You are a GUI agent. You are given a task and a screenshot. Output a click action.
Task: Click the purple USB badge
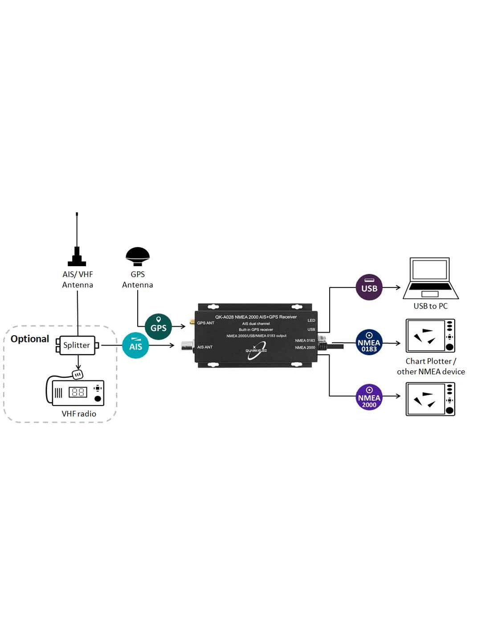click(x=369, y=287)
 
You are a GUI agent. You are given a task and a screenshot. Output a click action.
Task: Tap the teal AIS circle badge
click(x=135, y=345)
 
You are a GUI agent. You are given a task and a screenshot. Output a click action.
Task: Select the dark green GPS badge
click(x=158, y=327)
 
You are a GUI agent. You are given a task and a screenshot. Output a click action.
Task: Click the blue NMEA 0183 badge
click(x=369, y=342)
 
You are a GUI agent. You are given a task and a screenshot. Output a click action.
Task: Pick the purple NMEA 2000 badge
click(x=369, y=397)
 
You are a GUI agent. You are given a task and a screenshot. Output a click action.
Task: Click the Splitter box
click(x=77, y=345)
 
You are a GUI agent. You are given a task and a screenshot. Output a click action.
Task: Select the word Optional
click(x=30, y=339)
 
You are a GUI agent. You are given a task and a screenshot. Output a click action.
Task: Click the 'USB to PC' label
click(x=430, y=306)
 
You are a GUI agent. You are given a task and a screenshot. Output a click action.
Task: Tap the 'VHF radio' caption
click(x=79, y=414)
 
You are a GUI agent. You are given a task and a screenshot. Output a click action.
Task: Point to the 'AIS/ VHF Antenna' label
click(x=78, y=280)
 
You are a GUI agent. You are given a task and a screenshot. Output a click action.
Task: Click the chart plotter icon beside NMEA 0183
click(x=430, y=336)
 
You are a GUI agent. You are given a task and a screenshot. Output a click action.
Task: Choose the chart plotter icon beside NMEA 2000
click(x=430, y=399)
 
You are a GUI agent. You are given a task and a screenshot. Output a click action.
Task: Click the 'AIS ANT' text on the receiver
click(x=205, y=347)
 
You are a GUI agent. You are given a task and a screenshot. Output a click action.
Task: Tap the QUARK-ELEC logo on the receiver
click(x=256, y=349)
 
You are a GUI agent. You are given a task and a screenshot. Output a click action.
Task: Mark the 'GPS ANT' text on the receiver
click(x=205, y=323)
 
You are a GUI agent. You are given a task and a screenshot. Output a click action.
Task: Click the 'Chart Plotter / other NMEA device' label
click(x=431, y=366)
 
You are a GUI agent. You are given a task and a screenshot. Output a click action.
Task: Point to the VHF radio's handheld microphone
click(x=78, y=375)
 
